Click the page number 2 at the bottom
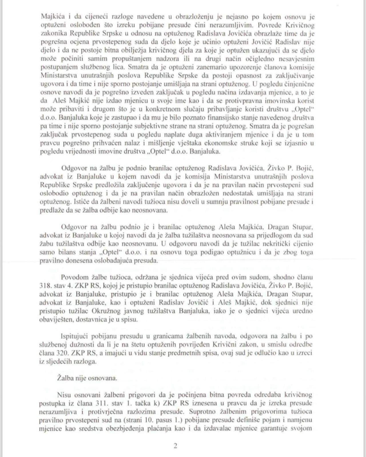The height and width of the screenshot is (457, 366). tap(175, 446)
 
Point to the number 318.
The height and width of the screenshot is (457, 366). tap(46, 286)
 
